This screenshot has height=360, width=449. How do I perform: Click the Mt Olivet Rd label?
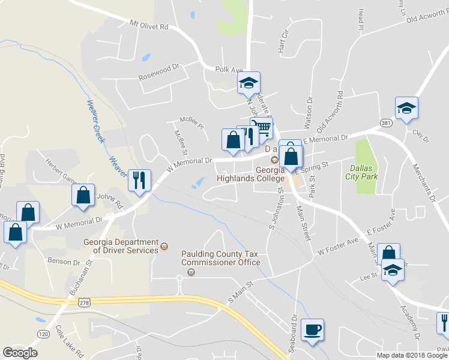tap(149, 26)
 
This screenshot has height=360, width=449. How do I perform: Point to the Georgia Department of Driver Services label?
tap(120, 247)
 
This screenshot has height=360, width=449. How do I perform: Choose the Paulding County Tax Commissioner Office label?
tap(220, 258)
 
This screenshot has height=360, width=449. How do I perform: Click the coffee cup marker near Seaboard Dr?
tap(312, 329)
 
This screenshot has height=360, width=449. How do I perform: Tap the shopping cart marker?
tap(261, 128)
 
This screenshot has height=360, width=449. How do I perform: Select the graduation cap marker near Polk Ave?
tap(249, 83)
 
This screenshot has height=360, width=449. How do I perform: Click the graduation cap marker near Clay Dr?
tap(406, 108)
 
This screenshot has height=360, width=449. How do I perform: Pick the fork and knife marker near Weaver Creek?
tap(139, 179)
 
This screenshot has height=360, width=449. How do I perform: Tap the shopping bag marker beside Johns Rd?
tap(83, 194)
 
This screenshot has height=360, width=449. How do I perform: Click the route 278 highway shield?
tap(83, 304)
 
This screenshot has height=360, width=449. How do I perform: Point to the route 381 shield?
tap(386, 122)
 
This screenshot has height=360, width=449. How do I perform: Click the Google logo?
tap(20, 353)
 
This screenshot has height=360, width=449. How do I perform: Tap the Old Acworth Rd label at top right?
tap(427, 18)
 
